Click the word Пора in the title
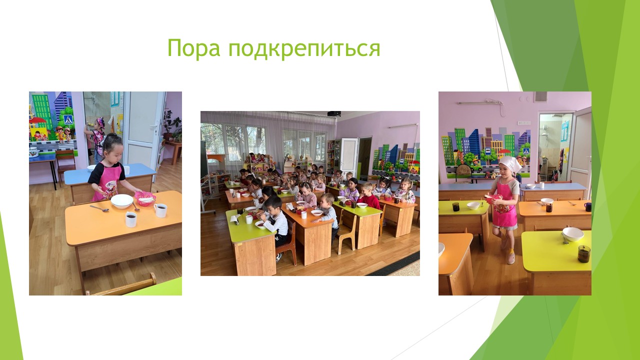[193, 48]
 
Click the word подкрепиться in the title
[304, 48]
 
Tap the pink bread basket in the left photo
[145, 198]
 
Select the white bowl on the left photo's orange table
[122, 200]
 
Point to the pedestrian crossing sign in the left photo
[68, 119]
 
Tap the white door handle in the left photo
[155, 128]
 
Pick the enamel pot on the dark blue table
[33, 152]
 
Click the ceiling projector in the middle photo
[333, 113]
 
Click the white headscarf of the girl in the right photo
[509, 163]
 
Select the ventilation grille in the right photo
[540, 97]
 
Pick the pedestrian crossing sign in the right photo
[526, 151]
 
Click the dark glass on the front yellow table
[584, 253]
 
